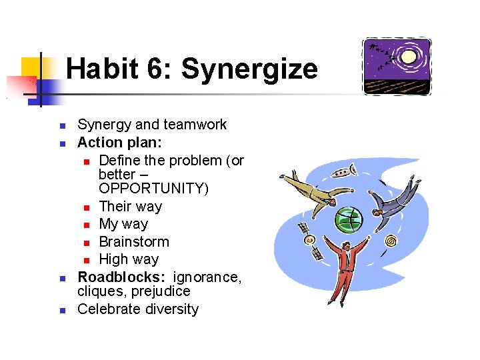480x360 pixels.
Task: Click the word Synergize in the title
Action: (x=249, y=69)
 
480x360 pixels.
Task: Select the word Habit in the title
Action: (x=106, y=69)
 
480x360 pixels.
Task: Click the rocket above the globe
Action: (x=341, y=175)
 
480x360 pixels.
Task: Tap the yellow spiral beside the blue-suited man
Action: (x=391, y=240)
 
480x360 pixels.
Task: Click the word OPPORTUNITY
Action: (x=153, y=189)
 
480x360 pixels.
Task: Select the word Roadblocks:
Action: (x=121, y=277)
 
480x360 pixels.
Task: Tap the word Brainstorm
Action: (x=133, y=241)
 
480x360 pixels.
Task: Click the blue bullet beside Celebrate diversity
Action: (x=61, y=310)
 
